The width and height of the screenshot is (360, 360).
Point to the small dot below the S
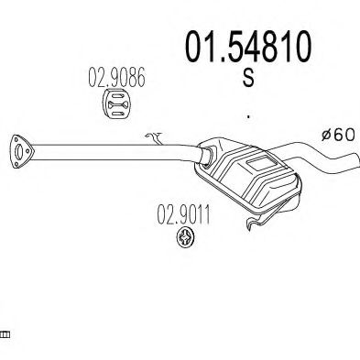tap(249, 117)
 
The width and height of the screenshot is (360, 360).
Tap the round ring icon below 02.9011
tap(185, 241)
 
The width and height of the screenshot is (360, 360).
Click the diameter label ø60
tap(337, 135)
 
